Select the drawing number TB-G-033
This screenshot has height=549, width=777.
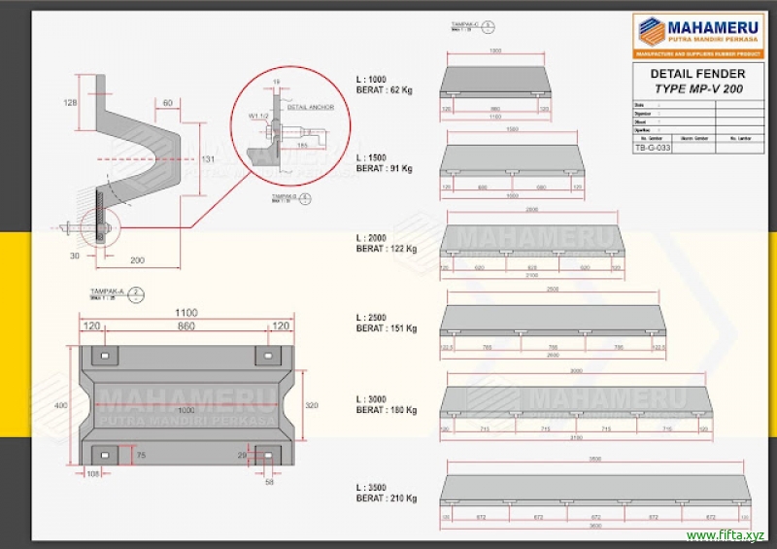tap(653, 148)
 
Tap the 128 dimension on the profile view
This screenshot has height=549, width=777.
tap(69, 102)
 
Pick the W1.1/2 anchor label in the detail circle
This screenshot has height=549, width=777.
tap(257, 116)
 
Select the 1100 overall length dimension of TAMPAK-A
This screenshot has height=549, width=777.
tap(186, 313)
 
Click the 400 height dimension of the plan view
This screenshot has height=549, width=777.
tap(60, 404)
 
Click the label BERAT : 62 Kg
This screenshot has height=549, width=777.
tap(385, 88)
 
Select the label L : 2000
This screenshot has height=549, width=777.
tap(372, 237)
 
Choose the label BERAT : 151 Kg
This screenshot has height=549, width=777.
tap(387, 328)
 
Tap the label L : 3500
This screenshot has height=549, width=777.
tap(372, 486)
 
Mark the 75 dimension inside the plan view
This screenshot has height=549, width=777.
tap(141, 454)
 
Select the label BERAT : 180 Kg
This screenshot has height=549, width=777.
tap(387, 410)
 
